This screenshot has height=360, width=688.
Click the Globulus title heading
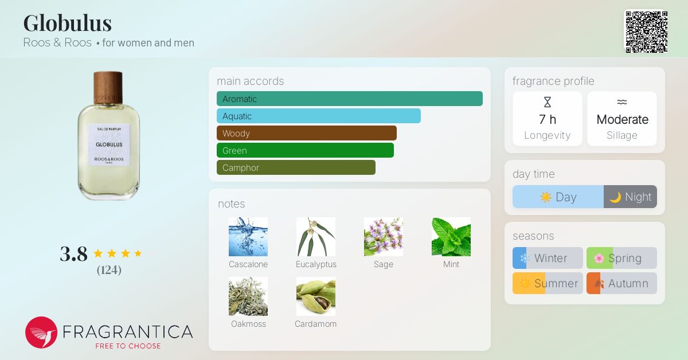point(68,23)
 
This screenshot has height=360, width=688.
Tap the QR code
point(647,32)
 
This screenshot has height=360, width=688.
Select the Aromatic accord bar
point(350,99)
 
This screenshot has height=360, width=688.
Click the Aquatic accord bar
point(319,116)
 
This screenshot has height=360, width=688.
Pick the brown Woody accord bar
point(307,133)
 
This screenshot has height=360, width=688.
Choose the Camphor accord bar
point(296,167)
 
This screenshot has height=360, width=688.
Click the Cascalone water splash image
point(248,237)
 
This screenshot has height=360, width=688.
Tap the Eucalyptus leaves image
point(316,237)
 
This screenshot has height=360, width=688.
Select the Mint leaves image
point(451,237)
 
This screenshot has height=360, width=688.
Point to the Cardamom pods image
point(316,296)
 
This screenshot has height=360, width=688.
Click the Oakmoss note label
point(248,324)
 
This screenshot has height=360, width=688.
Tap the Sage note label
point(384,264)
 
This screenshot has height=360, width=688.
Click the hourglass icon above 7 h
point(548,102)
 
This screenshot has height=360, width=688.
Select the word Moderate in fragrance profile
point(622,119)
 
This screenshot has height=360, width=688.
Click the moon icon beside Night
point(615,197)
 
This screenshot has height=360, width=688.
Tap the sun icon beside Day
point(546,197)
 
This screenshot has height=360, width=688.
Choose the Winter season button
point(548,258)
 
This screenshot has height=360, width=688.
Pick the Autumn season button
point(621,283)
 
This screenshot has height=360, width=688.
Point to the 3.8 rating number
point(74,254)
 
